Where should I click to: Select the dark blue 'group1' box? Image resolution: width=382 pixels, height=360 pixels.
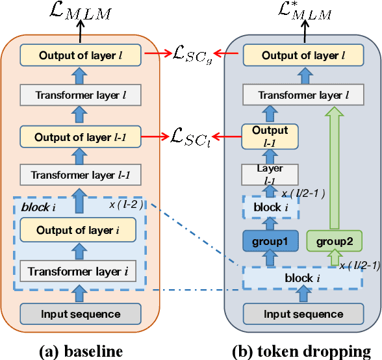pos(270,242)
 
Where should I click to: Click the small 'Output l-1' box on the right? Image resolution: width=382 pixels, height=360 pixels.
pos(270,136)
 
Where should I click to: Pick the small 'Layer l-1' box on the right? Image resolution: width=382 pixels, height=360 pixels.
pos(270,174)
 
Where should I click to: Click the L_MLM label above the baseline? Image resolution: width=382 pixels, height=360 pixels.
pos(81,11)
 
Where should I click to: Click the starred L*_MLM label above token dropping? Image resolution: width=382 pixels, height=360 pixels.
pos(304,11)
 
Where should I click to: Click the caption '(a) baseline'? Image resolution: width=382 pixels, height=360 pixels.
pos(80,350)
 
